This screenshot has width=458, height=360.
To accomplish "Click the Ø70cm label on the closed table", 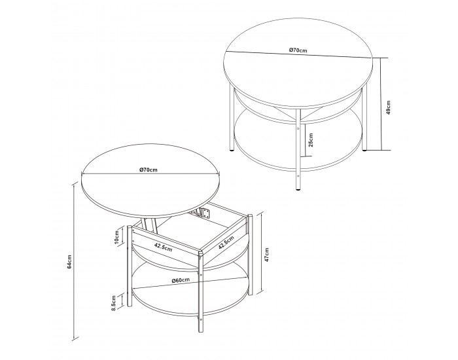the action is [x=298, y=50].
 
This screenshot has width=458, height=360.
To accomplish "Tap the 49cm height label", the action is [x=388, y=107].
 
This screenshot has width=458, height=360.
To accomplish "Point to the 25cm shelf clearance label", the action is [x=311, y=140].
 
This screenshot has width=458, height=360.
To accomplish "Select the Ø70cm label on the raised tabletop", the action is [x=149, y=170].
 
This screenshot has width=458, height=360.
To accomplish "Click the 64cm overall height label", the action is [x=69, y=262].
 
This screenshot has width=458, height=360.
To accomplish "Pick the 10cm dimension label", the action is [x=116, y=237].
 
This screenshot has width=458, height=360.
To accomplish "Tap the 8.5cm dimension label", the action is [x=114, y=302].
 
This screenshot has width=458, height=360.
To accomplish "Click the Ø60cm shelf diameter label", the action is [x=181, y=280].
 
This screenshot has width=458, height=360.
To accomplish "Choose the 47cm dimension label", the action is [x=266, y=255].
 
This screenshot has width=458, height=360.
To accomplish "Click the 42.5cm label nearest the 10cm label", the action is [x=163, y=247].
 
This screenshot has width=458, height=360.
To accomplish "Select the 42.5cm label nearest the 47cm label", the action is [x=226, y=243].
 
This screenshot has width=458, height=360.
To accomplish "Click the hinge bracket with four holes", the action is [x=206, y=213].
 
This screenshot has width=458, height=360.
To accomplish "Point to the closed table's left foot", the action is [x=232, y=150].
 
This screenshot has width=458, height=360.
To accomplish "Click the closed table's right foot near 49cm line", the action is [x=364, y=150].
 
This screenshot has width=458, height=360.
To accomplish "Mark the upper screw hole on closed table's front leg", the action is [x=298, y=128].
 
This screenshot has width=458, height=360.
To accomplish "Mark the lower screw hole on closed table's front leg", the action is [x=298, y=176].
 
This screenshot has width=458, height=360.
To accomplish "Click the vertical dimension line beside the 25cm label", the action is [x=306, y=139].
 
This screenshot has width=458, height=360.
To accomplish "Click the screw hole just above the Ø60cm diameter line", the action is [x=200, y=274].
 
